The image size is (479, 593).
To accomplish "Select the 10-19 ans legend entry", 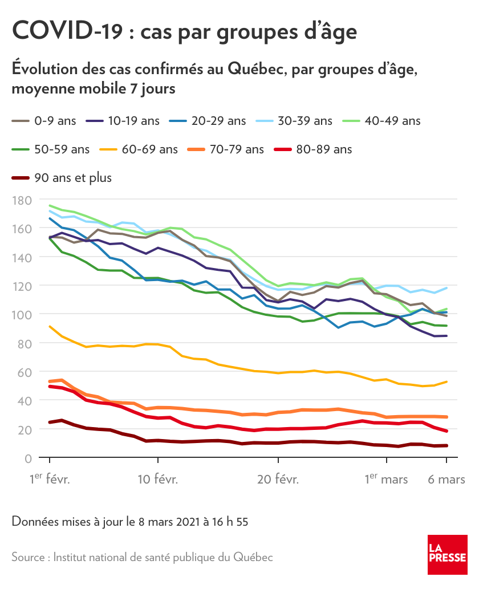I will (x=122, y=121).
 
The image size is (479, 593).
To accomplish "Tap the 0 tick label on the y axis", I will (x=27, y=458).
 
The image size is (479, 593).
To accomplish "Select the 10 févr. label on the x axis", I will (x=158, y=480).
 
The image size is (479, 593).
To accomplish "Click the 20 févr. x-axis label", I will (x=278, y=480).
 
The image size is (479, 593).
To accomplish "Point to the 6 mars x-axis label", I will (x=446, y=480).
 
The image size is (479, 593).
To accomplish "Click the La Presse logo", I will (x=448, y=554).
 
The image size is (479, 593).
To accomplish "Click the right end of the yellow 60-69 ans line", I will (x=446, y=381).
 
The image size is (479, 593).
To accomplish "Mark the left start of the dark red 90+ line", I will (x=50, y=423).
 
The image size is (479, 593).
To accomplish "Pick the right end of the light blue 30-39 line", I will (x=446, y=287).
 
